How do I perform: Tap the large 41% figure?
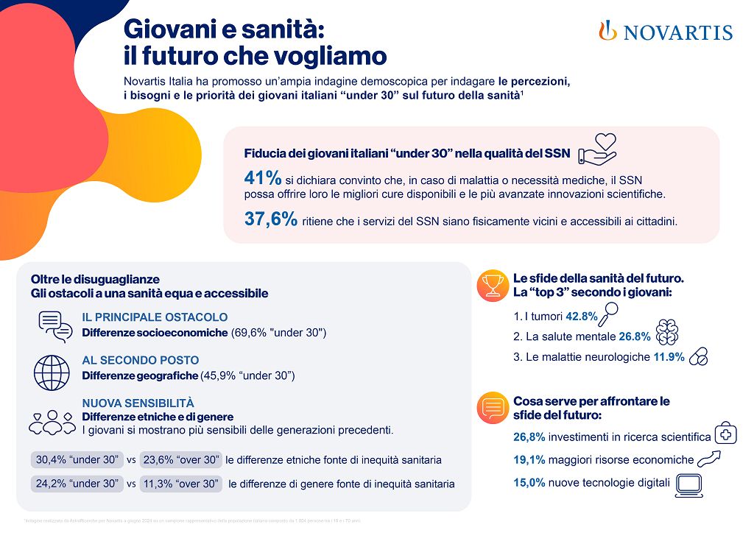262,179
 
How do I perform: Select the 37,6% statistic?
270,219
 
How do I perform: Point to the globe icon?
52,373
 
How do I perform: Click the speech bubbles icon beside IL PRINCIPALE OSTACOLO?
54,326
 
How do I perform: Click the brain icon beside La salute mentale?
667,333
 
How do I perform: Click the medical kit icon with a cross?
726,434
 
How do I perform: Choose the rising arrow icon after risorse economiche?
708,459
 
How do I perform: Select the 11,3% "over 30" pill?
181,484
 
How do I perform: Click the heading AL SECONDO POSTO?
140,360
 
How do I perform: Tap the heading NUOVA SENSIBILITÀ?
138,403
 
